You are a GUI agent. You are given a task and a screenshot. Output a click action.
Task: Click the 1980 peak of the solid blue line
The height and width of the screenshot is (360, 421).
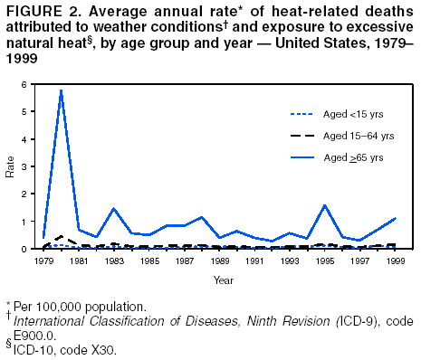(x=61, y=90)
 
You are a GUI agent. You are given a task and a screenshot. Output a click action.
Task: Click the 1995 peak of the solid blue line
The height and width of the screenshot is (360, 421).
(x=324, y=205)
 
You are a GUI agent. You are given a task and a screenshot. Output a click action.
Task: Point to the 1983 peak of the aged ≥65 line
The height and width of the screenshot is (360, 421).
(x=113, y=209)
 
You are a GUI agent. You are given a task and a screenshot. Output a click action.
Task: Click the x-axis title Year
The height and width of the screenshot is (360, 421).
(x=223, y=279)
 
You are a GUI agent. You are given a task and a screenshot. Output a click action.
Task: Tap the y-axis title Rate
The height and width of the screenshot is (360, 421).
(x=10, y=169)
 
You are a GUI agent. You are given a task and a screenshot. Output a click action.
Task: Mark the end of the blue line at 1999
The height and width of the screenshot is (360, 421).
(x=395, y=218)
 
